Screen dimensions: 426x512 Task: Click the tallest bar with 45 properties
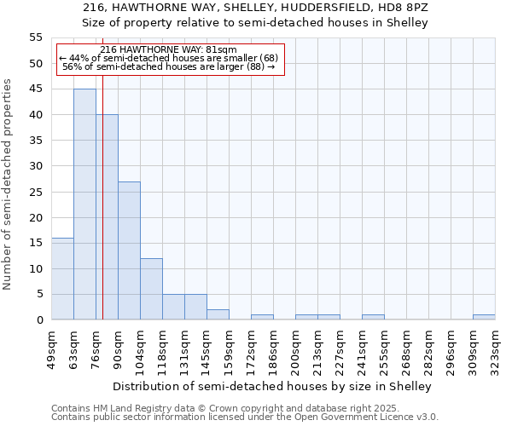(x=84, y=204)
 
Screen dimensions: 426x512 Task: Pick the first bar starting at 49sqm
(x=62, y=279)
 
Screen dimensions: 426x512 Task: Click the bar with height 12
(x=151, y=289)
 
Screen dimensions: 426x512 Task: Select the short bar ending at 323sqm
(x=484, y=317)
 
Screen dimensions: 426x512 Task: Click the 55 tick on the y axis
(x=36, y=37)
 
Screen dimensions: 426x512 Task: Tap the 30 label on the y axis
(x=36, y=166)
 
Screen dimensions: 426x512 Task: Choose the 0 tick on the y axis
(x=39, y=320)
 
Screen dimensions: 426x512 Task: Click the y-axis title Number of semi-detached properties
(x=9, y=184)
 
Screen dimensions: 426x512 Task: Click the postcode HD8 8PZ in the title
(x=410, y=7)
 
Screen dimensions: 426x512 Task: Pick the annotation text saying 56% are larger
(x=168, y=66)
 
